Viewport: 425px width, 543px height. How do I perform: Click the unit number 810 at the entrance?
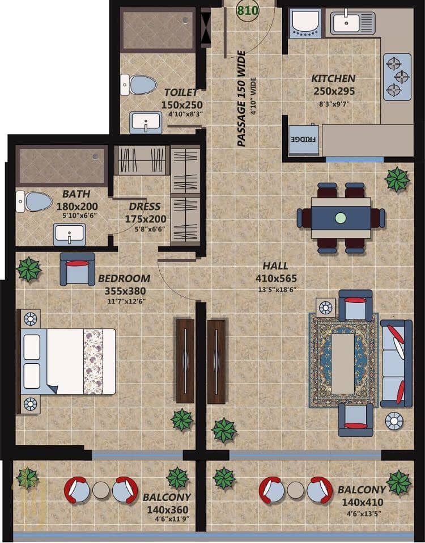pyautogui.click(x=248, y=10)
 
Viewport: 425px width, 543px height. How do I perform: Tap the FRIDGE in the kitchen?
pyautogui.click(x=304, y=140)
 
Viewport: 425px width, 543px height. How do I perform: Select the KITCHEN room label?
pyautogui.click(x=333, y=79)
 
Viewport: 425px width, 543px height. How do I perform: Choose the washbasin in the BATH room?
pyautogui.click(x=70, y=234)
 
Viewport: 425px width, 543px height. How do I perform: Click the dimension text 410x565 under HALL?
pyautogui.click(x=276, y=279)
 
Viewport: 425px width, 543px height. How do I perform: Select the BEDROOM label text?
pyautogui.click(x=124, y=279)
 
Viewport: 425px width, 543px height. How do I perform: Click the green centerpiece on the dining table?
pyautogui.click(x=341, y=218)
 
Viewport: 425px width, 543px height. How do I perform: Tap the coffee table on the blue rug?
pyautogui.click(x=343, y=363)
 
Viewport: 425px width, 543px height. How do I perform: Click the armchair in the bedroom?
pyautogui.click(x=77, y=269)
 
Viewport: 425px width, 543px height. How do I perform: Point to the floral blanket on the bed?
pyautogui.click(x=93, y=361)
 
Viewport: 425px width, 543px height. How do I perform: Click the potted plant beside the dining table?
pyautogui.click(x=397, y=179)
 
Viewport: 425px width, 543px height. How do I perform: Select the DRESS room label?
pyautogui.click(x=144, y=207)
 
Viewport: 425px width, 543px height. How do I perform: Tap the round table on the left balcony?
pyautogui.click(x=101, y=490)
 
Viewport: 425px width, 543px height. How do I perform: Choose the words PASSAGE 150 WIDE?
pyautogui.click(x=241, y=99)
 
